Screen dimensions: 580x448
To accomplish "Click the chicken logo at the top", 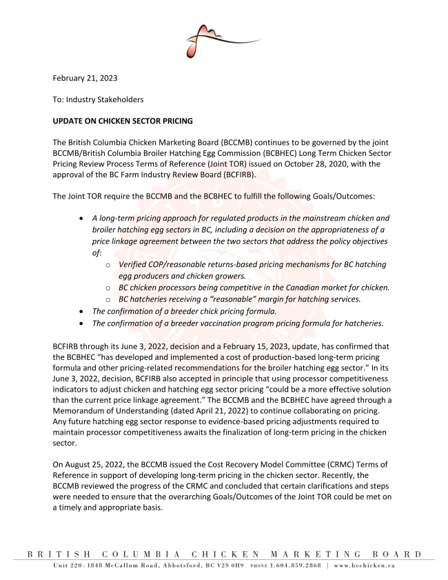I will [214, 39].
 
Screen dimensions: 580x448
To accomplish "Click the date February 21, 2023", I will [85, 79].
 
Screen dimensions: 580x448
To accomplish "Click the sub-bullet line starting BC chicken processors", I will [254, 287].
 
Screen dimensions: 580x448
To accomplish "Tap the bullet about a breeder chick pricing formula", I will [185, 311].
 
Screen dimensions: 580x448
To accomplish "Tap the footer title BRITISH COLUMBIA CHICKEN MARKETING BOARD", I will [224, 554].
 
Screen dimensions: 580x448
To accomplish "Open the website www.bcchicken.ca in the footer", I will [363, 566].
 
